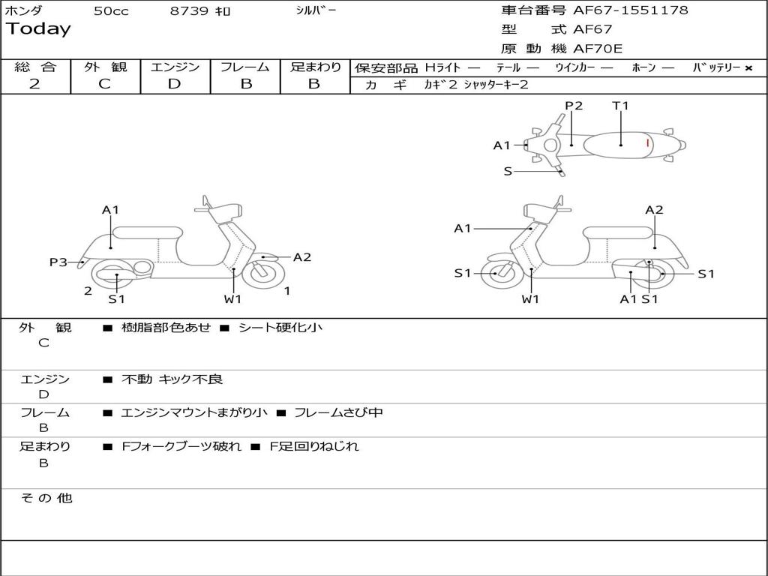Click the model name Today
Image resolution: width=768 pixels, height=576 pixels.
38,29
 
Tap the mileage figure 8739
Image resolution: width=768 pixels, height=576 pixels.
190,11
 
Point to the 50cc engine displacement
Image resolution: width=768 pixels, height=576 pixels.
110,11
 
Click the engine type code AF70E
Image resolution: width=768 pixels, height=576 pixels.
598,49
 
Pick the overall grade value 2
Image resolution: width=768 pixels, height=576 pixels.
34,84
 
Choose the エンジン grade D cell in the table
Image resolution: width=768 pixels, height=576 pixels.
174,84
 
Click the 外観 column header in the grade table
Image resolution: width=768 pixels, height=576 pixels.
105,67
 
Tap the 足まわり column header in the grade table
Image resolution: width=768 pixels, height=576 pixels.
316,67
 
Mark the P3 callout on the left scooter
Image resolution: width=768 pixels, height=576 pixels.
58,262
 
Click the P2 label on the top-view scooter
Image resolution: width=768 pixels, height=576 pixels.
574,106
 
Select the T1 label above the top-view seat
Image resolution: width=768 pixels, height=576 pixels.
620,106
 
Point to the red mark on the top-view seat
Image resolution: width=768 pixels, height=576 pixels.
647,142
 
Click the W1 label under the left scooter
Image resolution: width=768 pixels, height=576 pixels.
232,299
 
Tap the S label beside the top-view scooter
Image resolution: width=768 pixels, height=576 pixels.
508,171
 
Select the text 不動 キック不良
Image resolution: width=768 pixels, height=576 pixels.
172,379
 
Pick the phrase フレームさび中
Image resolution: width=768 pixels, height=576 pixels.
338,412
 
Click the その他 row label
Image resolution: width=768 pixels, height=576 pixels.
46,498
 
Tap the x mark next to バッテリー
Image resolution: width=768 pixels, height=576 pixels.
748,67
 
